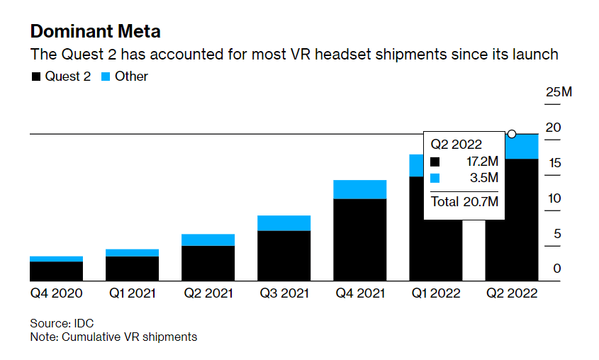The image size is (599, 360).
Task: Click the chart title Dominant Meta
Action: pos(95,31)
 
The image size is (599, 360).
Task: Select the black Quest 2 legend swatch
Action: pos(35,77)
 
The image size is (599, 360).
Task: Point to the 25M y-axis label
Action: pos(558,92)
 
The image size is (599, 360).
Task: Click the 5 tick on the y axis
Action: pos(557,234)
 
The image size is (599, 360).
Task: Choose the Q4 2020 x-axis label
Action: pos(56,293)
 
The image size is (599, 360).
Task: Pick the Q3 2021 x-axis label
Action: pos(284,293)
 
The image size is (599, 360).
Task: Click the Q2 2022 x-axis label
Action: pos(511,293)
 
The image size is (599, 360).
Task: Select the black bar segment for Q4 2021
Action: pos(359,240)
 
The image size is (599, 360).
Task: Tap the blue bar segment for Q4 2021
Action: pos(359,189)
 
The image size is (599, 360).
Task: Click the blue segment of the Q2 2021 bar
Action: pos(208,240)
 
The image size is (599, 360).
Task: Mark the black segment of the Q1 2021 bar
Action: pos(132,269)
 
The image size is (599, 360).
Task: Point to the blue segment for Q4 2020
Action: pos(56,259)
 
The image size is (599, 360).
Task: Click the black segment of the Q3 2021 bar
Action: pos(284,256)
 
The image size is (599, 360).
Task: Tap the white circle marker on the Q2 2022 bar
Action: pos(512,134)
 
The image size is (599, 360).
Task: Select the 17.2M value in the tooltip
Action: pos(481,162)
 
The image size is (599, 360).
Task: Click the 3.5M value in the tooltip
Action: pos(484,178)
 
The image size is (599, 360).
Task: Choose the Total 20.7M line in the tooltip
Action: pos(464,202)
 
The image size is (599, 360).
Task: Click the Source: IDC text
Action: pos(61,322)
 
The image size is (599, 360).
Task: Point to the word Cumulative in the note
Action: pos(87,337)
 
